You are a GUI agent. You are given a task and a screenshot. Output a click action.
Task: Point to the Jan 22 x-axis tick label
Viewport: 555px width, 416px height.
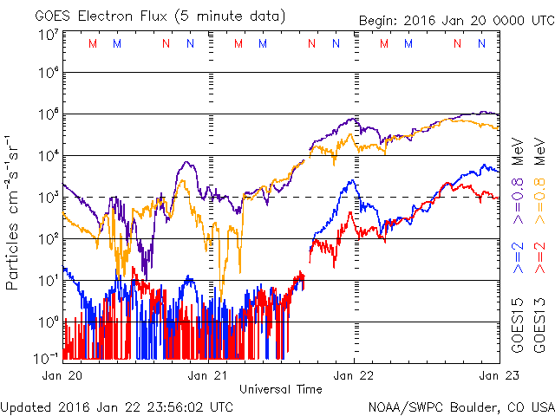pyautogui.click(x=353, y=375)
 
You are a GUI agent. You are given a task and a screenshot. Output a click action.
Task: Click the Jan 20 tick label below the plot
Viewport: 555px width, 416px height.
pyautogui.click(x=61, y=375)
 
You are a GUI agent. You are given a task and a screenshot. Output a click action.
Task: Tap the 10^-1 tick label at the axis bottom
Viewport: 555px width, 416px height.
pyautogui.click(x=46, y=357)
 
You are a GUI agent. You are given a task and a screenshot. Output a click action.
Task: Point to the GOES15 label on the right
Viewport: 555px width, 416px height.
pyautogui.click(x=517, y=330)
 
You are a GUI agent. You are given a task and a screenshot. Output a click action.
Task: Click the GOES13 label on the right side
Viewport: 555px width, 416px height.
pyautogui.click(x=539, y=330)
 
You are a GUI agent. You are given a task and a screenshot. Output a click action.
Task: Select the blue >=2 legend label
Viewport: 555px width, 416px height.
pyautogui.click(x=517, y=259)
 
